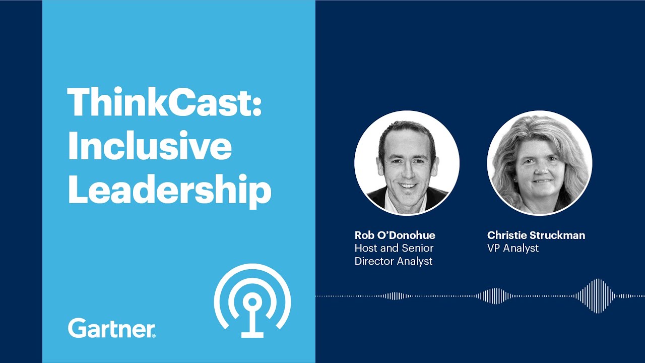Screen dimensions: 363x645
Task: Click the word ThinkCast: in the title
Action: [164, 103]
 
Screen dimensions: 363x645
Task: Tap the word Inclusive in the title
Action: [150, 146]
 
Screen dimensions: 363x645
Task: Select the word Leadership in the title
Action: [169, 190]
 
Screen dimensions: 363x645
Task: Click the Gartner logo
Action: [111, 328]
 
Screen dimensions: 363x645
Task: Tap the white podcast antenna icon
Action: [252, 300]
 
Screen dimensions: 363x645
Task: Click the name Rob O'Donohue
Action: [395, 235]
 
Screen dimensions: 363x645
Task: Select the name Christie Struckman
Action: [536, 235]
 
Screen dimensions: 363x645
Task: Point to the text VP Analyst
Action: [512, 248]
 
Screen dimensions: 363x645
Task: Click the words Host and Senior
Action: [394, 248]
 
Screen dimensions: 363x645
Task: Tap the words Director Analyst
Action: [393, 261]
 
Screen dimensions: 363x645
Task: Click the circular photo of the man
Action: [407, 163]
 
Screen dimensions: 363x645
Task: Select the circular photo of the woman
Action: [539, 163]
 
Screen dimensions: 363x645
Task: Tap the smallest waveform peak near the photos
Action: [396, 296]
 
